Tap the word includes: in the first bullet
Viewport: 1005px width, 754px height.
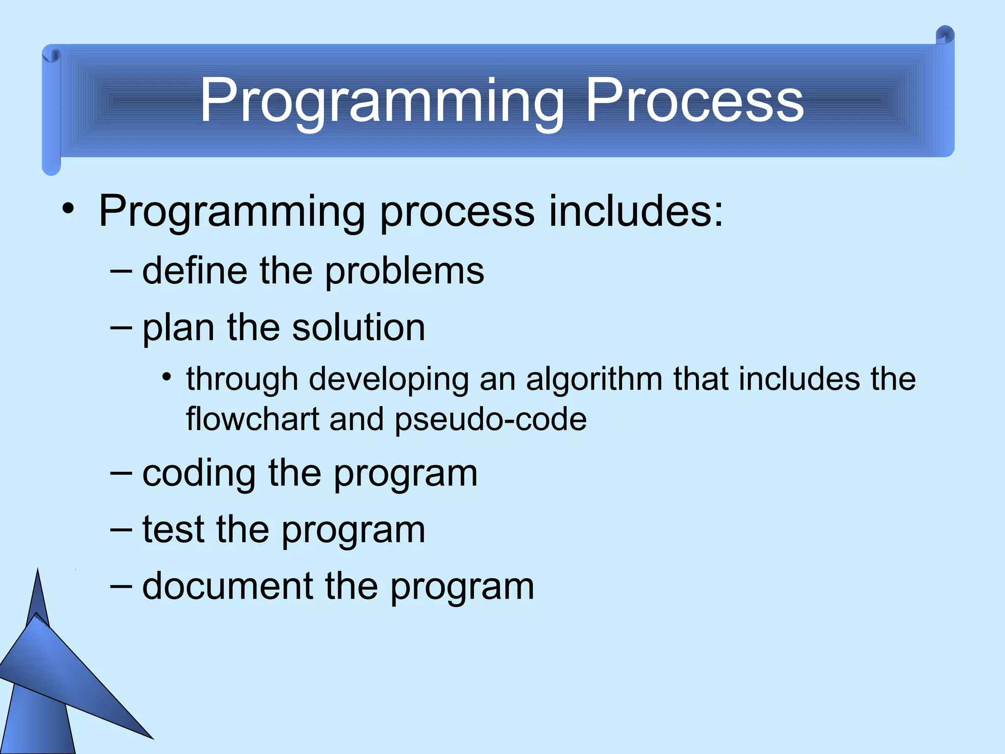[x=635, y=211]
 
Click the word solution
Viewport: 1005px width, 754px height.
[x=358, y=327]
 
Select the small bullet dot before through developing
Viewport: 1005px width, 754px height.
[x=167, y=377]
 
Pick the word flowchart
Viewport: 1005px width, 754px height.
[x=253, y=419]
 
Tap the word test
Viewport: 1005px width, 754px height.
[x=173, y=530]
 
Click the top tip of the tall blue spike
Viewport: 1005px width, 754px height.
[x=38, y=570]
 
